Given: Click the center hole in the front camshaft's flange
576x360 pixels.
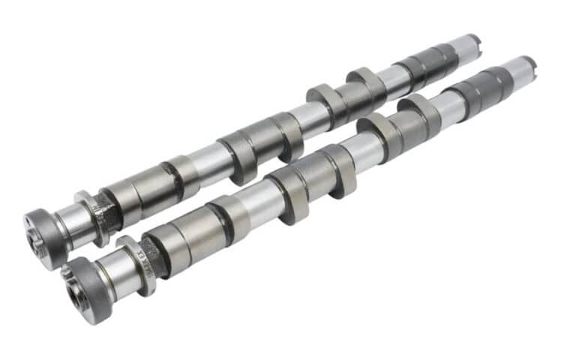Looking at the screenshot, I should pos(77,294).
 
